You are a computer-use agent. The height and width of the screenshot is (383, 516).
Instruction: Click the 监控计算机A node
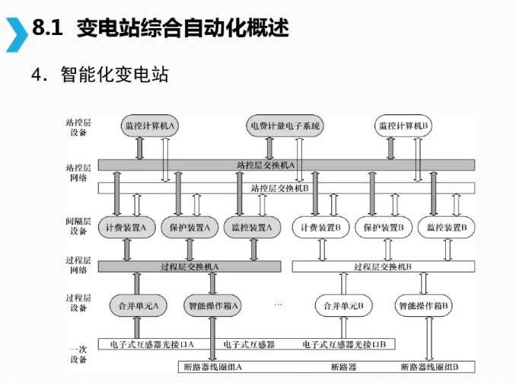click(149, 126)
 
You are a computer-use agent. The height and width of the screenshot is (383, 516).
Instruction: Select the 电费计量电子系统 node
click(285, 126)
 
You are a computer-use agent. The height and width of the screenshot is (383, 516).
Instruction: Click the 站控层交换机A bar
click(286, 165)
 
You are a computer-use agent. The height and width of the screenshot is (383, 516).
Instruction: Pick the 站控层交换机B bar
click(286, 187)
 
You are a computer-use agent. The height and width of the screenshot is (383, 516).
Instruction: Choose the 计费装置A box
click(131, 227)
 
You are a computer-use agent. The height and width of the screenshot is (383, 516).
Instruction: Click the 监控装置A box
click(251, 227)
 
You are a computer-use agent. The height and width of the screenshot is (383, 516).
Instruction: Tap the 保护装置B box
click(384, 227)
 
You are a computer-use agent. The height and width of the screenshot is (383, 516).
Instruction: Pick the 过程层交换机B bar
click(383, 267)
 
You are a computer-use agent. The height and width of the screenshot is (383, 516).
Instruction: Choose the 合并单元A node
click(138, 305)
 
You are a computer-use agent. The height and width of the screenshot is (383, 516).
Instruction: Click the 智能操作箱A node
click(215, 305)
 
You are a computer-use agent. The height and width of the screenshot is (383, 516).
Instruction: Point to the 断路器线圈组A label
click(212, 366)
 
